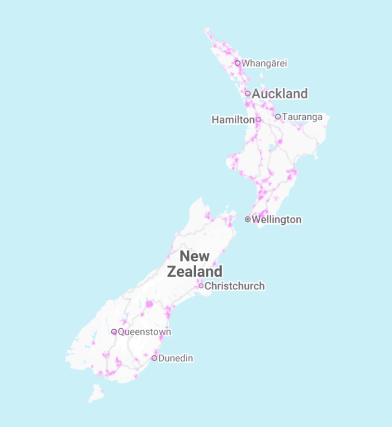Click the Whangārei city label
click(x=265, y=63)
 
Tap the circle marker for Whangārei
click(x=238, y=63)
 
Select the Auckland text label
click(x=280, y=93)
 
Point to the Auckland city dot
click(x=248, y=93)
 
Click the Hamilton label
click(x=233, y=120)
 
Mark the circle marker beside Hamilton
click(x=258, y=120)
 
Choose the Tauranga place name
click(x=303, y=117)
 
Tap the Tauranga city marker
click(x=278, y=117)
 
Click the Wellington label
click(x=277, y=220)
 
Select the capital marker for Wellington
click(x=248, y=219)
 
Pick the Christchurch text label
click(x=235, y=286)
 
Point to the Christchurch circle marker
click(x=201, y=286)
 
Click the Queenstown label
click(x=145, y=332)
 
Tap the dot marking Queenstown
click(x=114, y=332)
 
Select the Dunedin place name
click(x=176, y=358)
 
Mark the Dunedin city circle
click(x=154, y=358)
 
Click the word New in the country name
click(x=195, y=256)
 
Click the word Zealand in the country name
click(x=195, y=271)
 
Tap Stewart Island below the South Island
click(x=97, y=393)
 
